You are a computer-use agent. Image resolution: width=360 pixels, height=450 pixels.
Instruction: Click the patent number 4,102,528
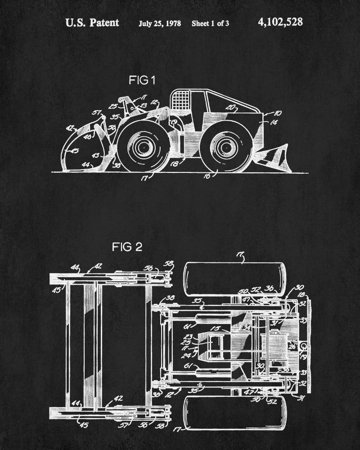click(x=280, y=22)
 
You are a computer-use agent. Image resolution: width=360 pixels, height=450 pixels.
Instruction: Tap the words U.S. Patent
click(x=92, y=23)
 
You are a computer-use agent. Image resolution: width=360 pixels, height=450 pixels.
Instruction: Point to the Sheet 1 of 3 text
click(x=210, y=23)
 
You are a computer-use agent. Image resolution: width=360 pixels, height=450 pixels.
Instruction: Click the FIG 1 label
click(x=142, y=81)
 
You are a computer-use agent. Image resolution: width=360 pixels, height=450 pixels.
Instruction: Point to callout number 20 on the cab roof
click(x=231, y=107)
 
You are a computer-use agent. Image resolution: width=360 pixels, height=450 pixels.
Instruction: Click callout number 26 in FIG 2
click(x=293, y=346)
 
